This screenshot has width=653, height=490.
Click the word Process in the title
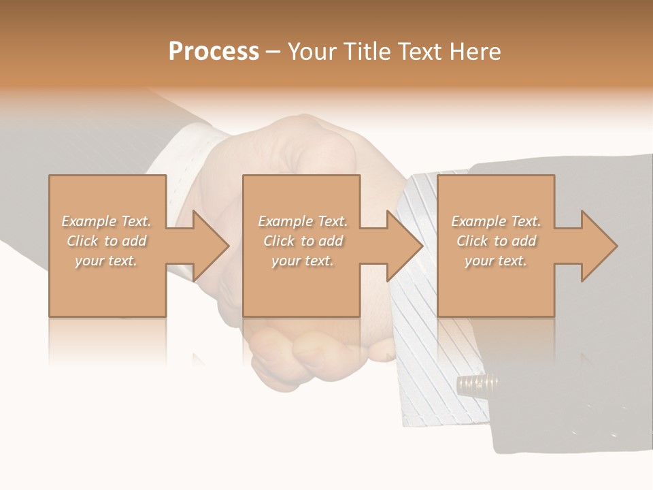214,52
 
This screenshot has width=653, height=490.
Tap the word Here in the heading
476,52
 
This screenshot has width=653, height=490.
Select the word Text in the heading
420,52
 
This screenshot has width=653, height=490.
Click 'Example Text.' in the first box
107,221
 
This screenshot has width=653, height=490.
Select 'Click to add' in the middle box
303,241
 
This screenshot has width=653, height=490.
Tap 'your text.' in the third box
496,261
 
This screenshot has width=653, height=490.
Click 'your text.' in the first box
107,261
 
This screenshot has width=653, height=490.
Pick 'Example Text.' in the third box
496,221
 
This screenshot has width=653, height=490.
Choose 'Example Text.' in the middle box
303,221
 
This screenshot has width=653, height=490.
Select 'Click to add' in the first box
107,241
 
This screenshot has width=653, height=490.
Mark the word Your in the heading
314,52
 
